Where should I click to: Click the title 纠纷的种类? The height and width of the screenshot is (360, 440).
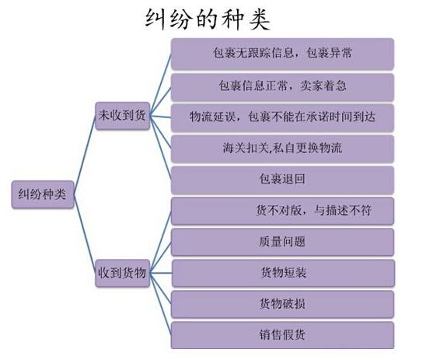[208, 19]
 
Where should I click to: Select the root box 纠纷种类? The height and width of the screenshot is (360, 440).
[43, 194]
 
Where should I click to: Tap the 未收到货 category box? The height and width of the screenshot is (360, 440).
[122, 116]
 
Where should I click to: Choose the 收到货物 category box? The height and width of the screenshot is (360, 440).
[122, 273]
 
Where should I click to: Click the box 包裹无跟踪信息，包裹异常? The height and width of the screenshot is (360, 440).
[282, 54]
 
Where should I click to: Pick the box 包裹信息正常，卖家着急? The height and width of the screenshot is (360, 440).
[282, 87]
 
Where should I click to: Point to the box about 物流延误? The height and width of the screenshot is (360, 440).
[282, 118]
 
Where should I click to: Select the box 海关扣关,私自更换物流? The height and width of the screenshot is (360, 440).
[282, 149]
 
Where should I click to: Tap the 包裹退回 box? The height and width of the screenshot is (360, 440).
[282, 180]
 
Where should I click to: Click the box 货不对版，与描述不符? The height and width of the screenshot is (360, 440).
[282, 211]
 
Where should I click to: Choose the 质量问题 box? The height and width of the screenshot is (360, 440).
[282, 242]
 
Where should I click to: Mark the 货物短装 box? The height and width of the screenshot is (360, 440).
[283, 273]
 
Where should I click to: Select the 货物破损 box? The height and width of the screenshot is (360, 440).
[282, 305]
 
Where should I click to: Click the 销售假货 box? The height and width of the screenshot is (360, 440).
[282, 335]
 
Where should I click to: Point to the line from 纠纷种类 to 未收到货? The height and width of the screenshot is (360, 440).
[85, 156]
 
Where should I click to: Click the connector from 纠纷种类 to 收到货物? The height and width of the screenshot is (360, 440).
[85, 234]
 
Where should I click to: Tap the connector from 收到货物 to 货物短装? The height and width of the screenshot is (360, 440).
[160, 273]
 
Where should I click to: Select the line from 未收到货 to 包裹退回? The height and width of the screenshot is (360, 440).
[160, 148]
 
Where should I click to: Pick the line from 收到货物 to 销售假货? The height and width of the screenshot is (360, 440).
[160, 304]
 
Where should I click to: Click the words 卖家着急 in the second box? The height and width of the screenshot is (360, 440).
[323, 86]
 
